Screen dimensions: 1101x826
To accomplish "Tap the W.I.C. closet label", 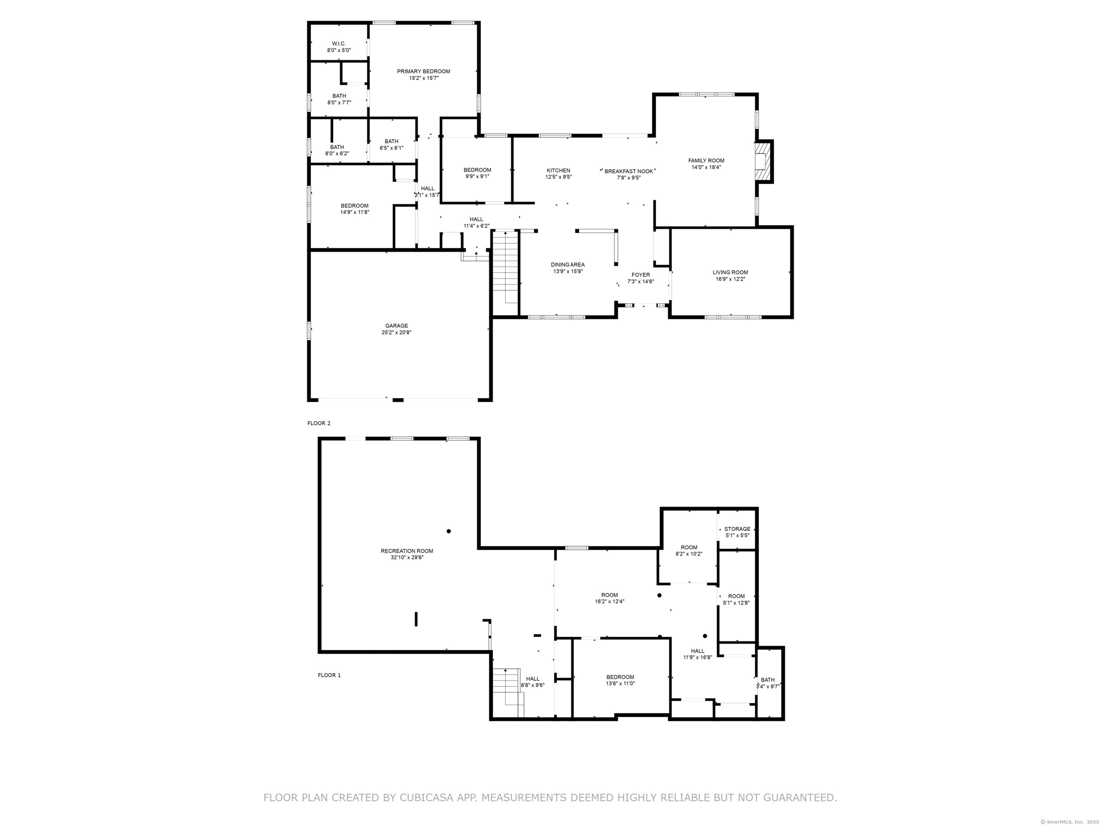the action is click(339, 44).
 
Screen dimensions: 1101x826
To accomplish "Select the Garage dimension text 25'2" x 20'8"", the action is click(397, 333).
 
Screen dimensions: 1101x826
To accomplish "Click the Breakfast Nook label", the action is click(629, 171).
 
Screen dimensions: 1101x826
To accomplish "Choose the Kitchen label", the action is click(558, 171).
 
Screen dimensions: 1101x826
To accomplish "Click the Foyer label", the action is click(640, 275).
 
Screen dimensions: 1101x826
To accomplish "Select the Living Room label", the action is click(730, 272).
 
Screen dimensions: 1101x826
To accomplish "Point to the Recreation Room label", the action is click(407, 551).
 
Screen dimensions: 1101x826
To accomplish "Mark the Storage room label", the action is click(737, 529).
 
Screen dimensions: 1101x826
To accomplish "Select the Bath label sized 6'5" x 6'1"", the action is click(391, 141).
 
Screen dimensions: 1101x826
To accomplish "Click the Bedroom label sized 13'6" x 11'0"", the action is click(620, 677).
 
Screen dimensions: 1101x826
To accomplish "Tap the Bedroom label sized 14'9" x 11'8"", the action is click(354, 206).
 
